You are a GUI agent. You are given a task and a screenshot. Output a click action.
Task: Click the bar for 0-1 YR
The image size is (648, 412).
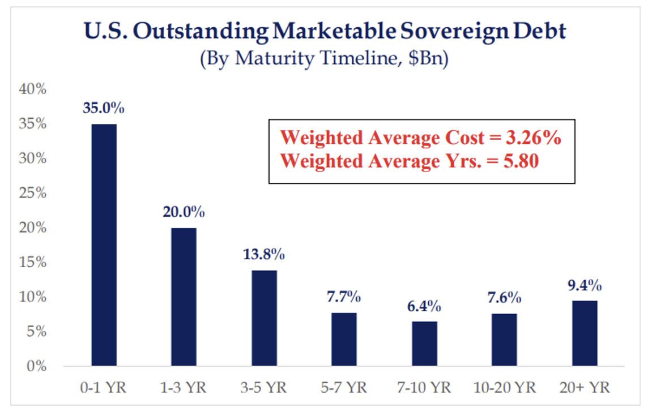[104, 245]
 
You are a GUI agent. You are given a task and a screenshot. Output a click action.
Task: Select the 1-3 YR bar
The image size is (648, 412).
[184, 297]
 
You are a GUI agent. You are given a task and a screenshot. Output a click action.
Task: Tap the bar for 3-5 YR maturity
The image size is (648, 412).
[264, 318]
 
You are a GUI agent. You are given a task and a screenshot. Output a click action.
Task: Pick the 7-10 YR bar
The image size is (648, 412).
[424, 344]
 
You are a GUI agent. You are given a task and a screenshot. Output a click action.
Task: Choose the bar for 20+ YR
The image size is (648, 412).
[585, 333]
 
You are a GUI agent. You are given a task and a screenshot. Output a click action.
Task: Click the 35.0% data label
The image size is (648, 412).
[103, 108]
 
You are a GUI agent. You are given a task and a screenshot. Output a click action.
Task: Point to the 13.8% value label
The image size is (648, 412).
[263, 255]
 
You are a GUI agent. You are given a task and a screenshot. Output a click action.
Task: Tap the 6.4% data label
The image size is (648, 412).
[424, 306]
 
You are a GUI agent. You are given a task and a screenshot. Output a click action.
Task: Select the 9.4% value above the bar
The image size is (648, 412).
[585, 285]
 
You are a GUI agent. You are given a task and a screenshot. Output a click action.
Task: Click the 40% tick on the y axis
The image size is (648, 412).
[34, 89]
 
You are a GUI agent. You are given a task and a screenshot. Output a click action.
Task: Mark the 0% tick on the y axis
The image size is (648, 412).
[37, 366]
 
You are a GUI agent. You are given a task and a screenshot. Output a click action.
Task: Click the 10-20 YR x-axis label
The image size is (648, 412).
[504, 389]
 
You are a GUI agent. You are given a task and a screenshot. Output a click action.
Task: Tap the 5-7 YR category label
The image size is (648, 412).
[344, 389]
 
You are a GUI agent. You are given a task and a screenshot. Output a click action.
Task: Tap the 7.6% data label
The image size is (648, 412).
[504, 298]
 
